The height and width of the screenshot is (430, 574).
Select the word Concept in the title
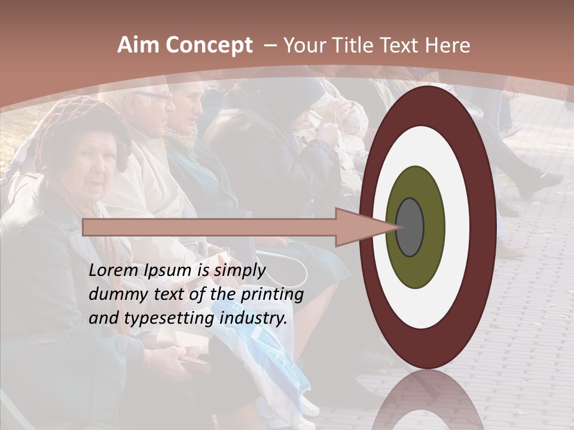click(x=209, y=45)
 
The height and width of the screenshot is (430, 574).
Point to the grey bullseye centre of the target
click(x=410, y=228)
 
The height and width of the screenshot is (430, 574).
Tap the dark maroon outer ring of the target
click(x=482, y=228)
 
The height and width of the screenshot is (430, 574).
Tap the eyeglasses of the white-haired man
click(x=154, y=96)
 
